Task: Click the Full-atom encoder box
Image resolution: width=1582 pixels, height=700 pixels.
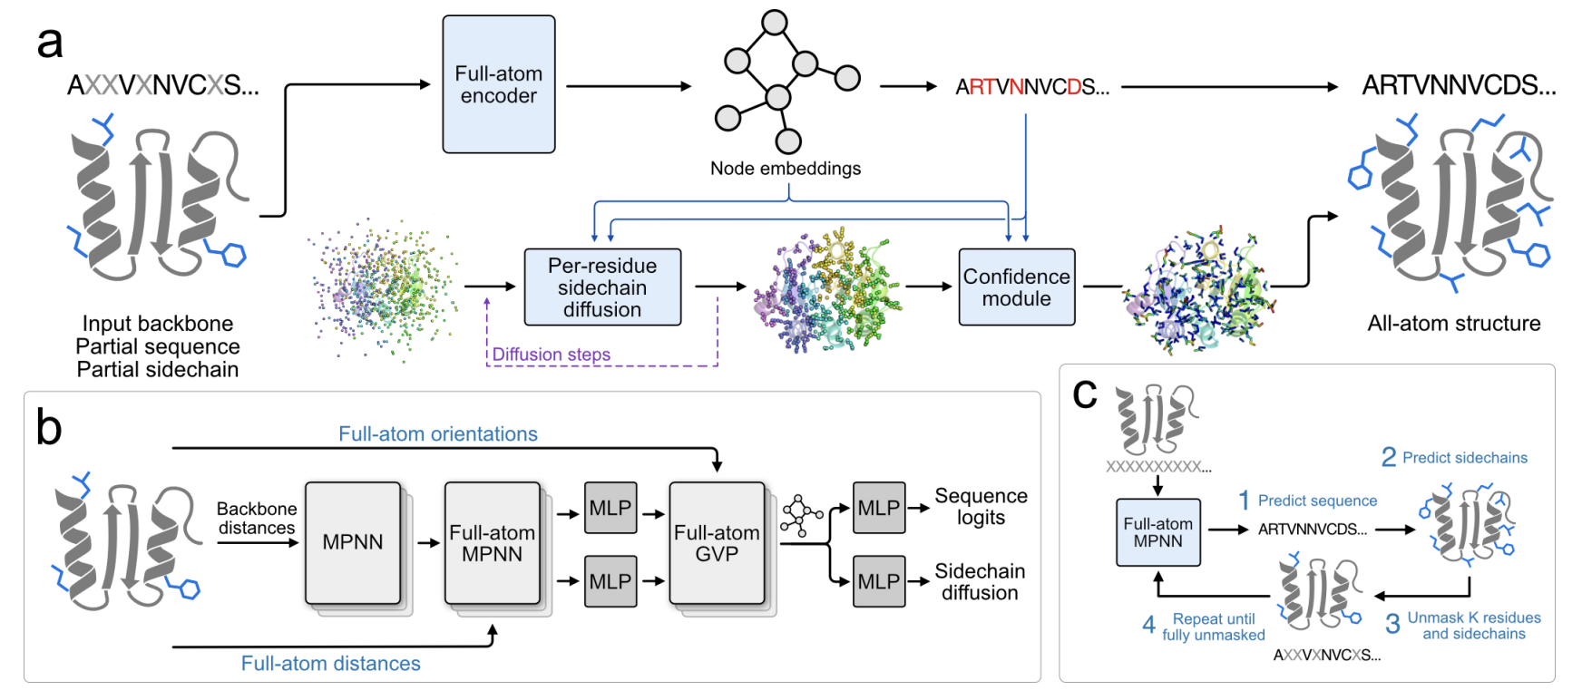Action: [498, 84]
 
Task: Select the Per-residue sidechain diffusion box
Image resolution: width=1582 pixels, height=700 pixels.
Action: [602, 287]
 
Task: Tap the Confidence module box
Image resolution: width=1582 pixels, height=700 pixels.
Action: [1016, 287]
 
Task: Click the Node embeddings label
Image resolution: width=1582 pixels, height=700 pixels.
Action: [785, 169]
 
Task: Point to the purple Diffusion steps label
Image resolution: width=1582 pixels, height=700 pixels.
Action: [551, 355]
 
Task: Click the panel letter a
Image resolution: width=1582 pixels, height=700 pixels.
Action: [50, 43]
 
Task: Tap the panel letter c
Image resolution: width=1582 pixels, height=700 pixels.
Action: [1084, 393]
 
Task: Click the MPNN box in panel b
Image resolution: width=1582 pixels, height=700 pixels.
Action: [353, 542]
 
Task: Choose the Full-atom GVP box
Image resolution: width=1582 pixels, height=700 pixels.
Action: [717, 543]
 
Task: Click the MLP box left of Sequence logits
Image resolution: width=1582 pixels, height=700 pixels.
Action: [878, 508]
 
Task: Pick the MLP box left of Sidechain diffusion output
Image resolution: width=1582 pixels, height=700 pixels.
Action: [878, 581]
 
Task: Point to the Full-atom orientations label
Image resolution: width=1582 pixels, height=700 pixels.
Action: [438, 434]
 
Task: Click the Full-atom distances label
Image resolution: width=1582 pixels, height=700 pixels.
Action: [330, 664]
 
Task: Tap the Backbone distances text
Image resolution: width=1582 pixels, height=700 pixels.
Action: [257, 519]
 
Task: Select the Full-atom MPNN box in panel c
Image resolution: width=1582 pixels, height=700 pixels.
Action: [1157, 532]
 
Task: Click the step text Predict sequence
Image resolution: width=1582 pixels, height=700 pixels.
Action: [1317, 501]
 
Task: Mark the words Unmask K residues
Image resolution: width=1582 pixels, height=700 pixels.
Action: [1473, 618]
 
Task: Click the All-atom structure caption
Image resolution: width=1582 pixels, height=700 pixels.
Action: [1453, 324]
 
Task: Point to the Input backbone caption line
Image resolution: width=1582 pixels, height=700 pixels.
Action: [158, 324]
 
